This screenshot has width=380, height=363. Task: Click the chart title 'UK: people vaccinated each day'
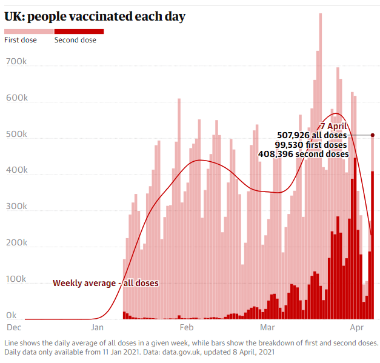coord(95,16)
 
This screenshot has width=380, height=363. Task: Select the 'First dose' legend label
coord(21,40)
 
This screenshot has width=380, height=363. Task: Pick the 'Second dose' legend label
coord(75,40)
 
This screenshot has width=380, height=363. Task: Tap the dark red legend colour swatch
coord(79,32)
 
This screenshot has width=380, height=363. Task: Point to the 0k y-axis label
coord(11,315)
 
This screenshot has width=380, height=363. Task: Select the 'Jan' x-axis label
coord(98,327)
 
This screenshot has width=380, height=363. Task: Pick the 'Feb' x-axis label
coord(185,327)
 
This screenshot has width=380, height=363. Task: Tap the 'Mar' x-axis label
coord(267,327)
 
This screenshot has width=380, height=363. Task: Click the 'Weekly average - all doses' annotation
coord(105,283)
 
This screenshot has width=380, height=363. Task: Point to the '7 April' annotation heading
coord(333,126)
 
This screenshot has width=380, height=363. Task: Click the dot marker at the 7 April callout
coord(373,135)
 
